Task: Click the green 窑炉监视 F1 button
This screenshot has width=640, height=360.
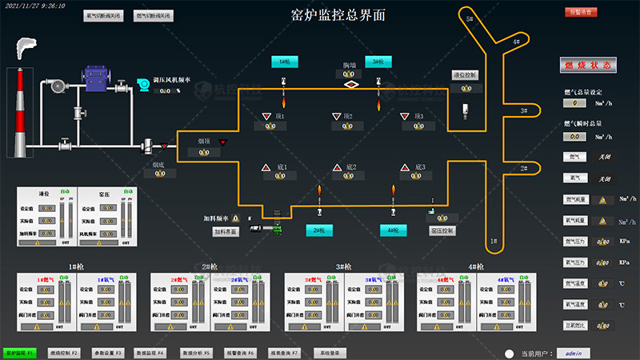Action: click(x=18, y=352)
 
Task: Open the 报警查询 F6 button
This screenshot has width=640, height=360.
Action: click(x=239, y=352)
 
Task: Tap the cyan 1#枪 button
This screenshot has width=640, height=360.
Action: click(x=285, y=61)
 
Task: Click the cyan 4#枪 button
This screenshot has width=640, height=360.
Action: click(x=393, y=230)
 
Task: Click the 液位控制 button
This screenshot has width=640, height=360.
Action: click(x=464, y=74)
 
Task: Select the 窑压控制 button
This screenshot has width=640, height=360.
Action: click(x=442, y=230)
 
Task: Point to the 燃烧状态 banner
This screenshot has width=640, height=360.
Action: click(x=588, y=66)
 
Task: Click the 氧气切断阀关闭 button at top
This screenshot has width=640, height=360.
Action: click(x=104, y=15)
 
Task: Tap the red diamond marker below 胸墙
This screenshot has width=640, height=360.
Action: click(x=350, y=84)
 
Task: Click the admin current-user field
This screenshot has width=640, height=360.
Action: click(x=573, y=353)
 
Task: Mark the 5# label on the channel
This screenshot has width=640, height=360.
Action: click(x=470, y=18)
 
